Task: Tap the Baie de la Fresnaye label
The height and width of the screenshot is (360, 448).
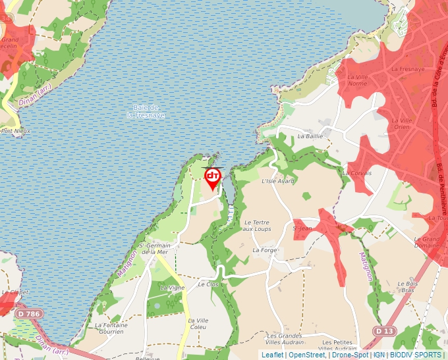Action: click(146, 111)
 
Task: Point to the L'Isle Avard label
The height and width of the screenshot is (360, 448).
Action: click(277, 181)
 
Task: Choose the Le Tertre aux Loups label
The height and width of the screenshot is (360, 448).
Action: click(257, 225)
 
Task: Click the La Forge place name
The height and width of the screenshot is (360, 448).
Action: click(264, 250)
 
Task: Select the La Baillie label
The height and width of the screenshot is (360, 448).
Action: click(310, 136)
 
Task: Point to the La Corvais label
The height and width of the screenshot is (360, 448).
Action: click(357, 173)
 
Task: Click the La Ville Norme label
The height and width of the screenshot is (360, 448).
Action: click(357, 80)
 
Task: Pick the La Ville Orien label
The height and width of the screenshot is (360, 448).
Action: click(401, 123)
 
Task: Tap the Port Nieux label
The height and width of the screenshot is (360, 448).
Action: click(16, 130)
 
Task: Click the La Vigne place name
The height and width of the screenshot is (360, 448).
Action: click(173, 288)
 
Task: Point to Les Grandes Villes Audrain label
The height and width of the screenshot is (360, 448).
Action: click(285, 339)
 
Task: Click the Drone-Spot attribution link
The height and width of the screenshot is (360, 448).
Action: click(350, 355)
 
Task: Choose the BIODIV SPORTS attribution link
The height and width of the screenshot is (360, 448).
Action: click(416, 355)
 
